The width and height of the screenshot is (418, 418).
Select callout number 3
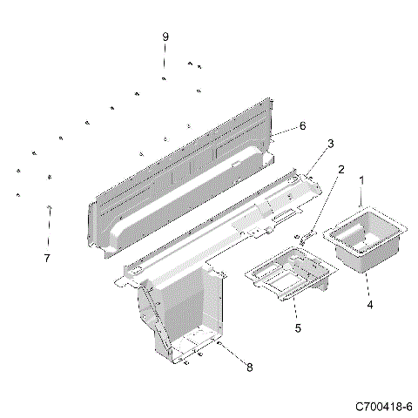[x=330, y=143]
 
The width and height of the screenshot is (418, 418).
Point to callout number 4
[x=369, y=305]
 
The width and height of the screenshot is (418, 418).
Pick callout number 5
[x=297, y=328]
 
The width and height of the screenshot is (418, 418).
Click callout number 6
[x=302, y=125]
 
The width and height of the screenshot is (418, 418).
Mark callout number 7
[x=48, y=258]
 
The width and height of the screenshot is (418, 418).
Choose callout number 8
[x=249, y=367]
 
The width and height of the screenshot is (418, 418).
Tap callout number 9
[x=165, y=37]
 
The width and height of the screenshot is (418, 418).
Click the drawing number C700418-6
[x=383, y=407]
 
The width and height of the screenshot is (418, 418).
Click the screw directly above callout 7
[x=49, y=207]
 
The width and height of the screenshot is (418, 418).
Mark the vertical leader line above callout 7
[x=49, y=231]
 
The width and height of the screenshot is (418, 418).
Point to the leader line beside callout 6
[x=286, y=130]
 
